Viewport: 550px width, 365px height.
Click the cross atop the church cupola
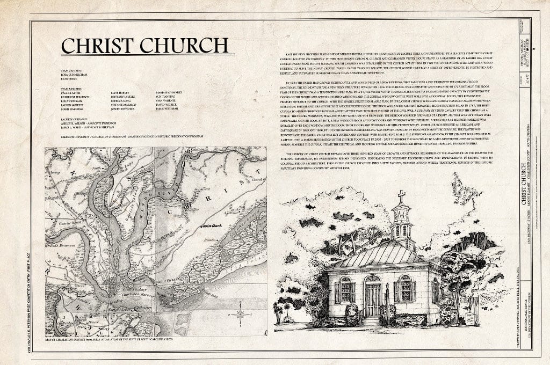401,196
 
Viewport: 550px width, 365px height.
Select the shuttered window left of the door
345,290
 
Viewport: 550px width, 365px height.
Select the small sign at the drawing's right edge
470,318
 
